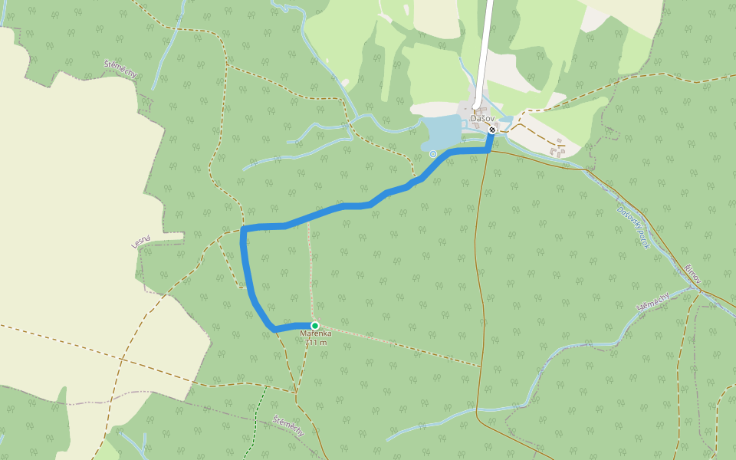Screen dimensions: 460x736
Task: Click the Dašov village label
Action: pyautogui.click(x=481, y=118)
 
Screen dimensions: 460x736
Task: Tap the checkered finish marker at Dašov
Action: pyautogui.click(x=492, y=130)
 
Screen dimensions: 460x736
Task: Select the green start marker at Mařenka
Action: pyautogui.click(x=314, y=326)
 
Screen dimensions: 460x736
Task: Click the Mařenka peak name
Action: pyautogui.click(x=315, y=334)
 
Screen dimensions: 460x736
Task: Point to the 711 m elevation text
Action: pyautogui.click(x=315, y=343)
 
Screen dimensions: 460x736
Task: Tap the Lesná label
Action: pyautogui.click(x=140, y=242)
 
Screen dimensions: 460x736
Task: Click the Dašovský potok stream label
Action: pyautogui.click(x=633, y=227)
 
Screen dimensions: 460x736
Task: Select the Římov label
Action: pyautogui.click(x=693, y=273)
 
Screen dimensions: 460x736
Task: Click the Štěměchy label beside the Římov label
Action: pyautogui.click(x=653, y=302)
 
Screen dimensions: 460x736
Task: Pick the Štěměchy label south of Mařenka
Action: pyautogui.click(x=288, y=426)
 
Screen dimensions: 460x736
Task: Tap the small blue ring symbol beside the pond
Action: pyautogui.click(x=433, y=154)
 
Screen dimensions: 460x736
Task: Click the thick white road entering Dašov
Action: pyautogui.click(x=484, y=54)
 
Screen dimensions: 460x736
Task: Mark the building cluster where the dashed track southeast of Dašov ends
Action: pyautogui.click(x=557, y=149)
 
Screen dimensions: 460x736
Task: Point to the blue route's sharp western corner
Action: pyautogui.click(x=243, y=228)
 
